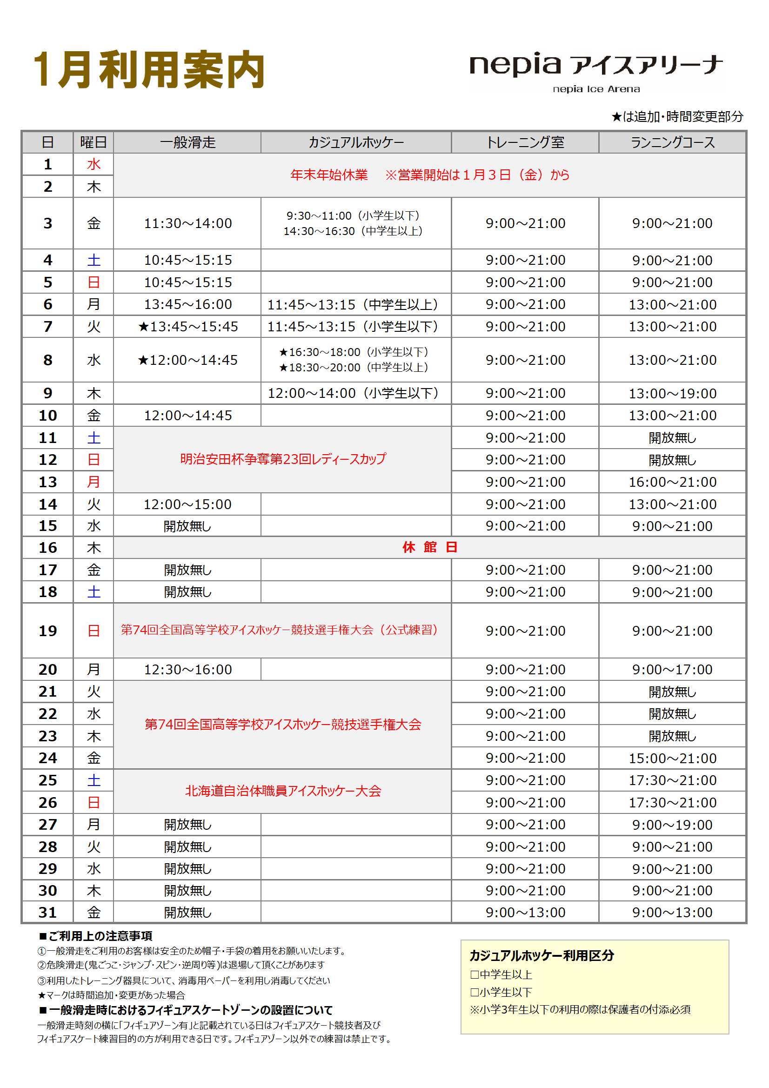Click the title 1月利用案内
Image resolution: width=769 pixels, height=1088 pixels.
[x=149, y=70]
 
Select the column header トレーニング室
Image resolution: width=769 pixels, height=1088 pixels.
[x=524, y=142]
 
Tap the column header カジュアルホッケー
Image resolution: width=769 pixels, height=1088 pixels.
[x=355, y=142]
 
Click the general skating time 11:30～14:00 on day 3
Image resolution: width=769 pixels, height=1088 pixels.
[x=187, y=223]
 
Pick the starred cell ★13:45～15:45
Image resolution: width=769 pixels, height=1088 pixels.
[x=187, y=327]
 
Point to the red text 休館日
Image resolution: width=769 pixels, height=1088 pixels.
[x=429, y=547]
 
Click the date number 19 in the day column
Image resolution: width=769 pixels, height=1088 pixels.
[x=47, y=631]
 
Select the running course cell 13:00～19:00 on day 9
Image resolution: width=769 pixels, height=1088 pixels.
[x=672, y=393]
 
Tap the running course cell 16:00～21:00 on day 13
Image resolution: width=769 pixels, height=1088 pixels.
[x=672, y=482]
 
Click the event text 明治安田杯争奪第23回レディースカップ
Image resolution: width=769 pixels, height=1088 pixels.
[x=282, y=459]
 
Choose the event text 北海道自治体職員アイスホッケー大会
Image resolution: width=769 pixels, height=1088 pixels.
[x=282, y=791]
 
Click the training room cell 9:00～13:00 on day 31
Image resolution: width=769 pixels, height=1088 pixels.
[x=525, y=912]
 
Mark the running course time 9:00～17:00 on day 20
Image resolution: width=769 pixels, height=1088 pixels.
[x=672, y=670]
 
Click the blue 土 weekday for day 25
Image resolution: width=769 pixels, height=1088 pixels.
[x=94, y=780]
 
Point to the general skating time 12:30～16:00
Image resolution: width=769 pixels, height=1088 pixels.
[x=187, y=670]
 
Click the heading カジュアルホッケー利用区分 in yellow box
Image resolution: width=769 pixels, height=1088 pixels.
[x=541, y=955]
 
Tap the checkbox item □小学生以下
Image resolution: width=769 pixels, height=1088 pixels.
[x=501, y=992]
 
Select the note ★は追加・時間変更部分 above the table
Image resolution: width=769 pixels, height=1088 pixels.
[x=676, y=116]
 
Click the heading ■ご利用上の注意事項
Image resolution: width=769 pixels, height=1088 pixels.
[x=95, y=936]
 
